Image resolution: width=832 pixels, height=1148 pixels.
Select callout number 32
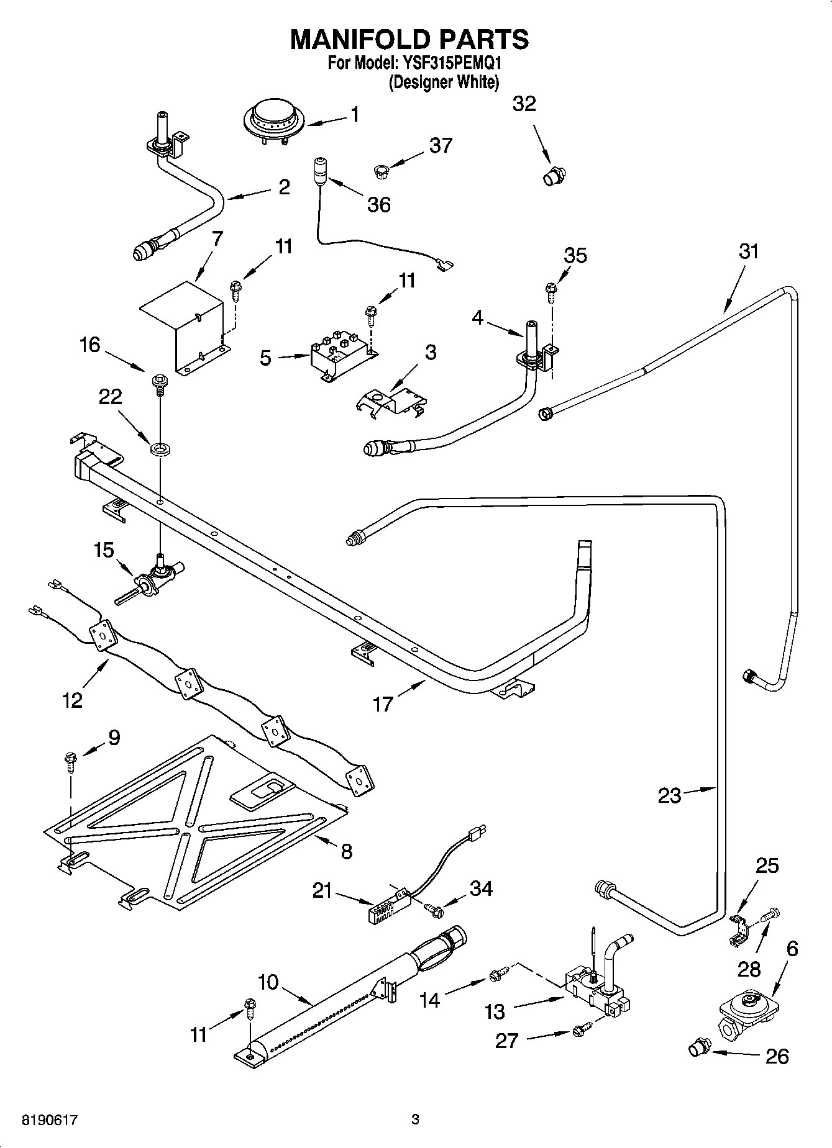(524, 104)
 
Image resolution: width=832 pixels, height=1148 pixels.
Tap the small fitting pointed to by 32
(553, 176)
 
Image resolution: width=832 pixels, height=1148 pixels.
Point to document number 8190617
(50, 1120)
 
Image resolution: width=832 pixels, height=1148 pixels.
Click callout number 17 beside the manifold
(383, 703)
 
